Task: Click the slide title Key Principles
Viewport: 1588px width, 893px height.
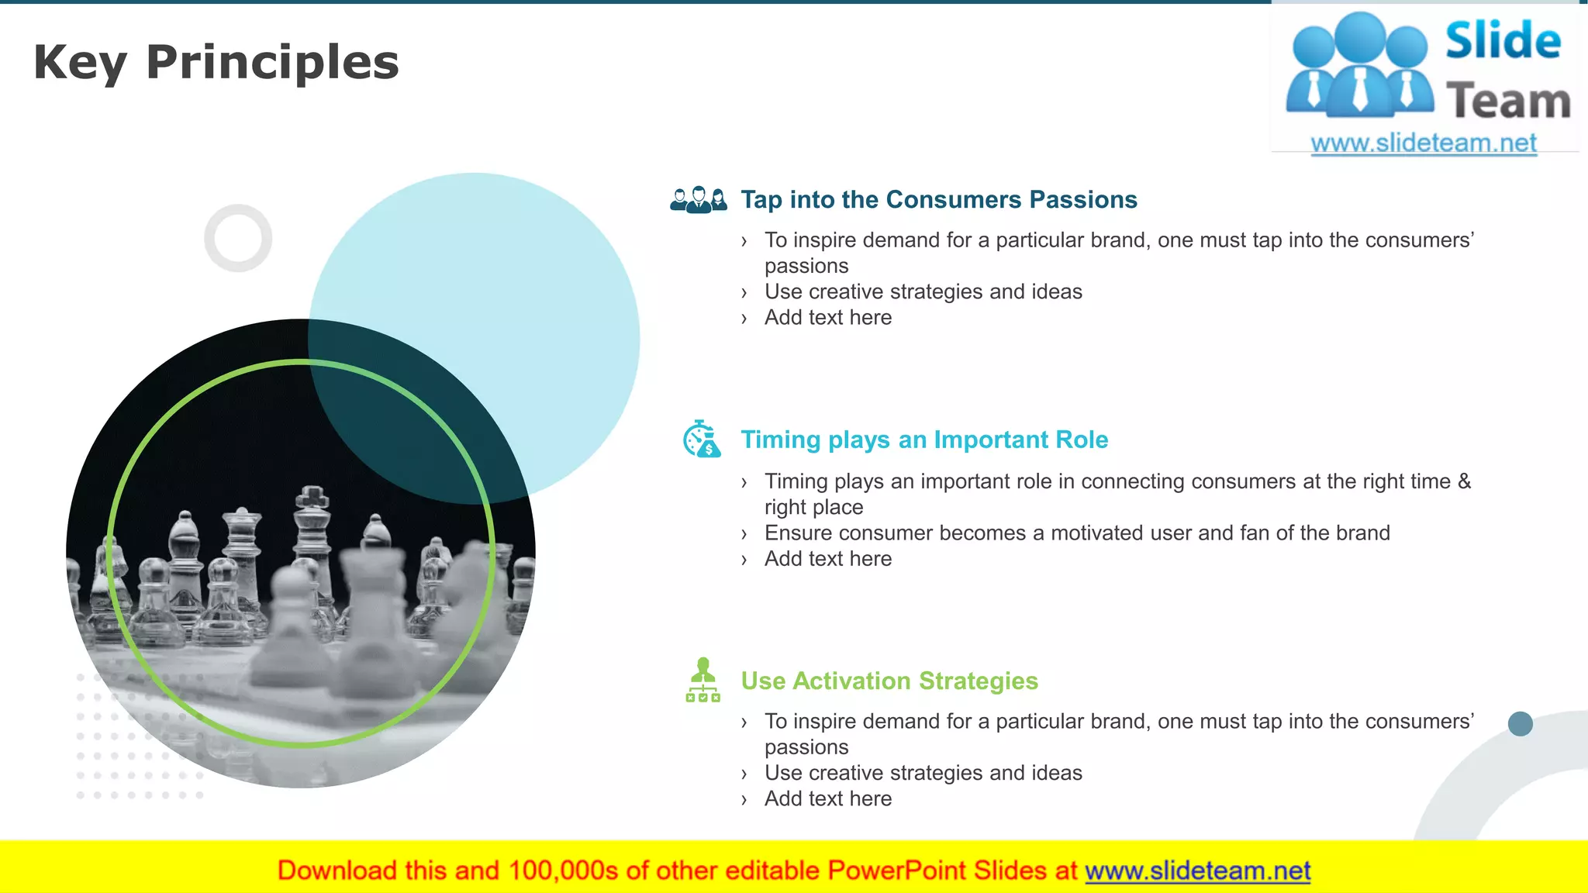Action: tap(216, 62)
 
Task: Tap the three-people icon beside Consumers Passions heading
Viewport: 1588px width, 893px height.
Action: tap(698, 200)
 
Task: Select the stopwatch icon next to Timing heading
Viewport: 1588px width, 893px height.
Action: tap(701, 440)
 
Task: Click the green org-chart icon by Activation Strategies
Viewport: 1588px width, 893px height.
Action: tap(703, 681)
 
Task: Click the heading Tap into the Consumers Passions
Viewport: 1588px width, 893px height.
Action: tap(938, 200)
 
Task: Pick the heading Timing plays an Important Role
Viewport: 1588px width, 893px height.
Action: tap(923, 440)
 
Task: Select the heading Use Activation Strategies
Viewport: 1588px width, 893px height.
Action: tap(889, 681)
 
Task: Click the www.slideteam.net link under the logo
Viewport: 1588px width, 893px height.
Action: tap(1423, 143)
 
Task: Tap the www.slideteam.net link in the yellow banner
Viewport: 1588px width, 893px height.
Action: tap(1197, 871)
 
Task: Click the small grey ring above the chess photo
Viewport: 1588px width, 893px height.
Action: tap(238, 238)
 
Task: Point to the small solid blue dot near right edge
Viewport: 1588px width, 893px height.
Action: tap(1520, 724)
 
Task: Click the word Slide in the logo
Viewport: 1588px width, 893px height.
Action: tap(1502, 41)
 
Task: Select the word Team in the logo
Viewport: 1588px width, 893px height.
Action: tap(1507, 102)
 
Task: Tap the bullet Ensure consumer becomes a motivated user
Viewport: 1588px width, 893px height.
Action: tap(1076, 533)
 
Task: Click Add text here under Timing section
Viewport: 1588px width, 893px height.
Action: tap(827, 559)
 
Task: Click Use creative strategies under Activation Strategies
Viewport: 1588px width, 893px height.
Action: tap(923, 774)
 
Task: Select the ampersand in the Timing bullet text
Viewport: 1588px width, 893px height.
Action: tap(1464, 481)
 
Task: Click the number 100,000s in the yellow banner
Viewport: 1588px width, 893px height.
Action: tap(563, 871)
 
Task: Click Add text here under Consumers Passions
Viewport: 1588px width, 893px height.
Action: tap(827, 318)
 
